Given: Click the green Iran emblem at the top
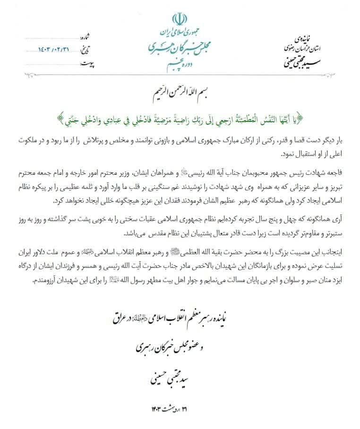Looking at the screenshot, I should (x=178, y=19).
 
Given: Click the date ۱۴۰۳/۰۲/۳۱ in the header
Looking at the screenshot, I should (x=56, y=49).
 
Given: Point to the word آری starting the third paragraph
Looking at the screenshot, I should (x=336, y=220).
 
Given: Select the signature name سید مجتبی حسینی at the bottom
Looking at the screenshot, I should (x=178, y=376).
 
